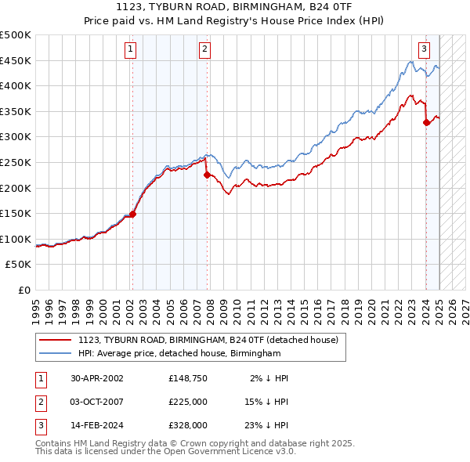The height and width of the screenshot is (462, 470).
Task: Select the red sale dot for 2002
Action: click(133, 214)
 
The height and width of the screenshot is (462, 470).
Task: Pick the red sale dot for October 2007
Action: click(207, 175)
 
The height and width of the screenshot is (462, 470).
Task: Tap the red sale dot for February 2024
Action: click(426, 122)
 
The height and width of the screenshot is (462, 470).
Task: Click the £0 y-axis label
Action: click(23, 290)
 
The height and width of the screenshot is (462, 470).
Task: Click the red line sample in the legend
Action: click(56, 340)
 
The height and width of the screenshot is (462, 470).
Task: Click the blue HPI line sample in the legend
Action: click(56, 354)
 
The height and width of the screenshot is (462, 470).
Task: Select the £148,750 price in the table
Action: click(188, 377)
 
